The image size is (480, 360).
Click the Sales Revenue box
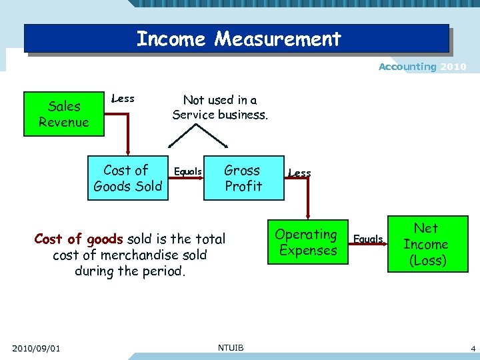point(63,114)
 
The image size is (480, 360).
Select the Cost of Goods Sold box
point(127,178)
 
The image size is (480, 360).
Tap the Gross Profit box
point(243,178)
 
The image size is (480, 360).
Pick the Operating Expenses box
point(307,242)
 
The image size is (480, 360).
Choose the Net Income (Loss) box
point(425,245)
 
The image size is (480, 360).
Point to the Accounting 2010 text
point(422,67)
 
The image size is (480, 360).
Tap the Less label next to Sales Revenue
point(123,99)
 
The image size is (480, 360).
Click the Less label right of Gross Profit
point(299,173)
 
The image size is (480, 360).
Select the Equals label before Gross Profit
point(187,171)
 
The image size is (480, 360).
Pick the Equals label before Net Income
point(368,239)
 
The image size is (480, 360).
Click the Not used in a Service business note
point(220,107)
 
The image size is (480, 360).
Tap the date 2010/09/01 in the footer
point(36,348)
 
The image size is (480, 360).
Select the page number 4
point(472,348)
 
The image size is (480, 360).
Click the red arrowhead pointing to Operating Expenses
point(307,216)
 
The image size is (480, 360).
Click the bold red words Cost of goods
point(78,239)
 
